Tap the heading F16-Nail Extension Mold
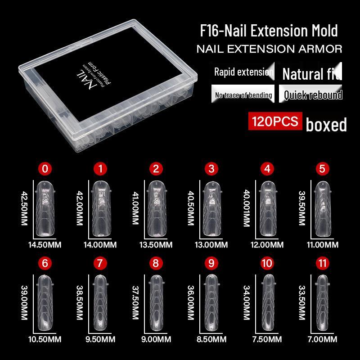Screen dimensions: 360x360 click(269, 31)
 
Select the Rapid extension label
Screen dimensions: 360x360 click(243, 72)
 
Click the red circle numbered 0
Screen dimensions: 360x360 click(45, 169)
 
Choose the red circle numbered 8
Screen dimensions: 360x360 click(156, 263)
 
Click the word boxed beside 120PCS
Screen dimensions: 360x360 click(326, 124)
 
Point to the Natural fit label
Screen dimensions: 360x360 click(311, 72)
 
